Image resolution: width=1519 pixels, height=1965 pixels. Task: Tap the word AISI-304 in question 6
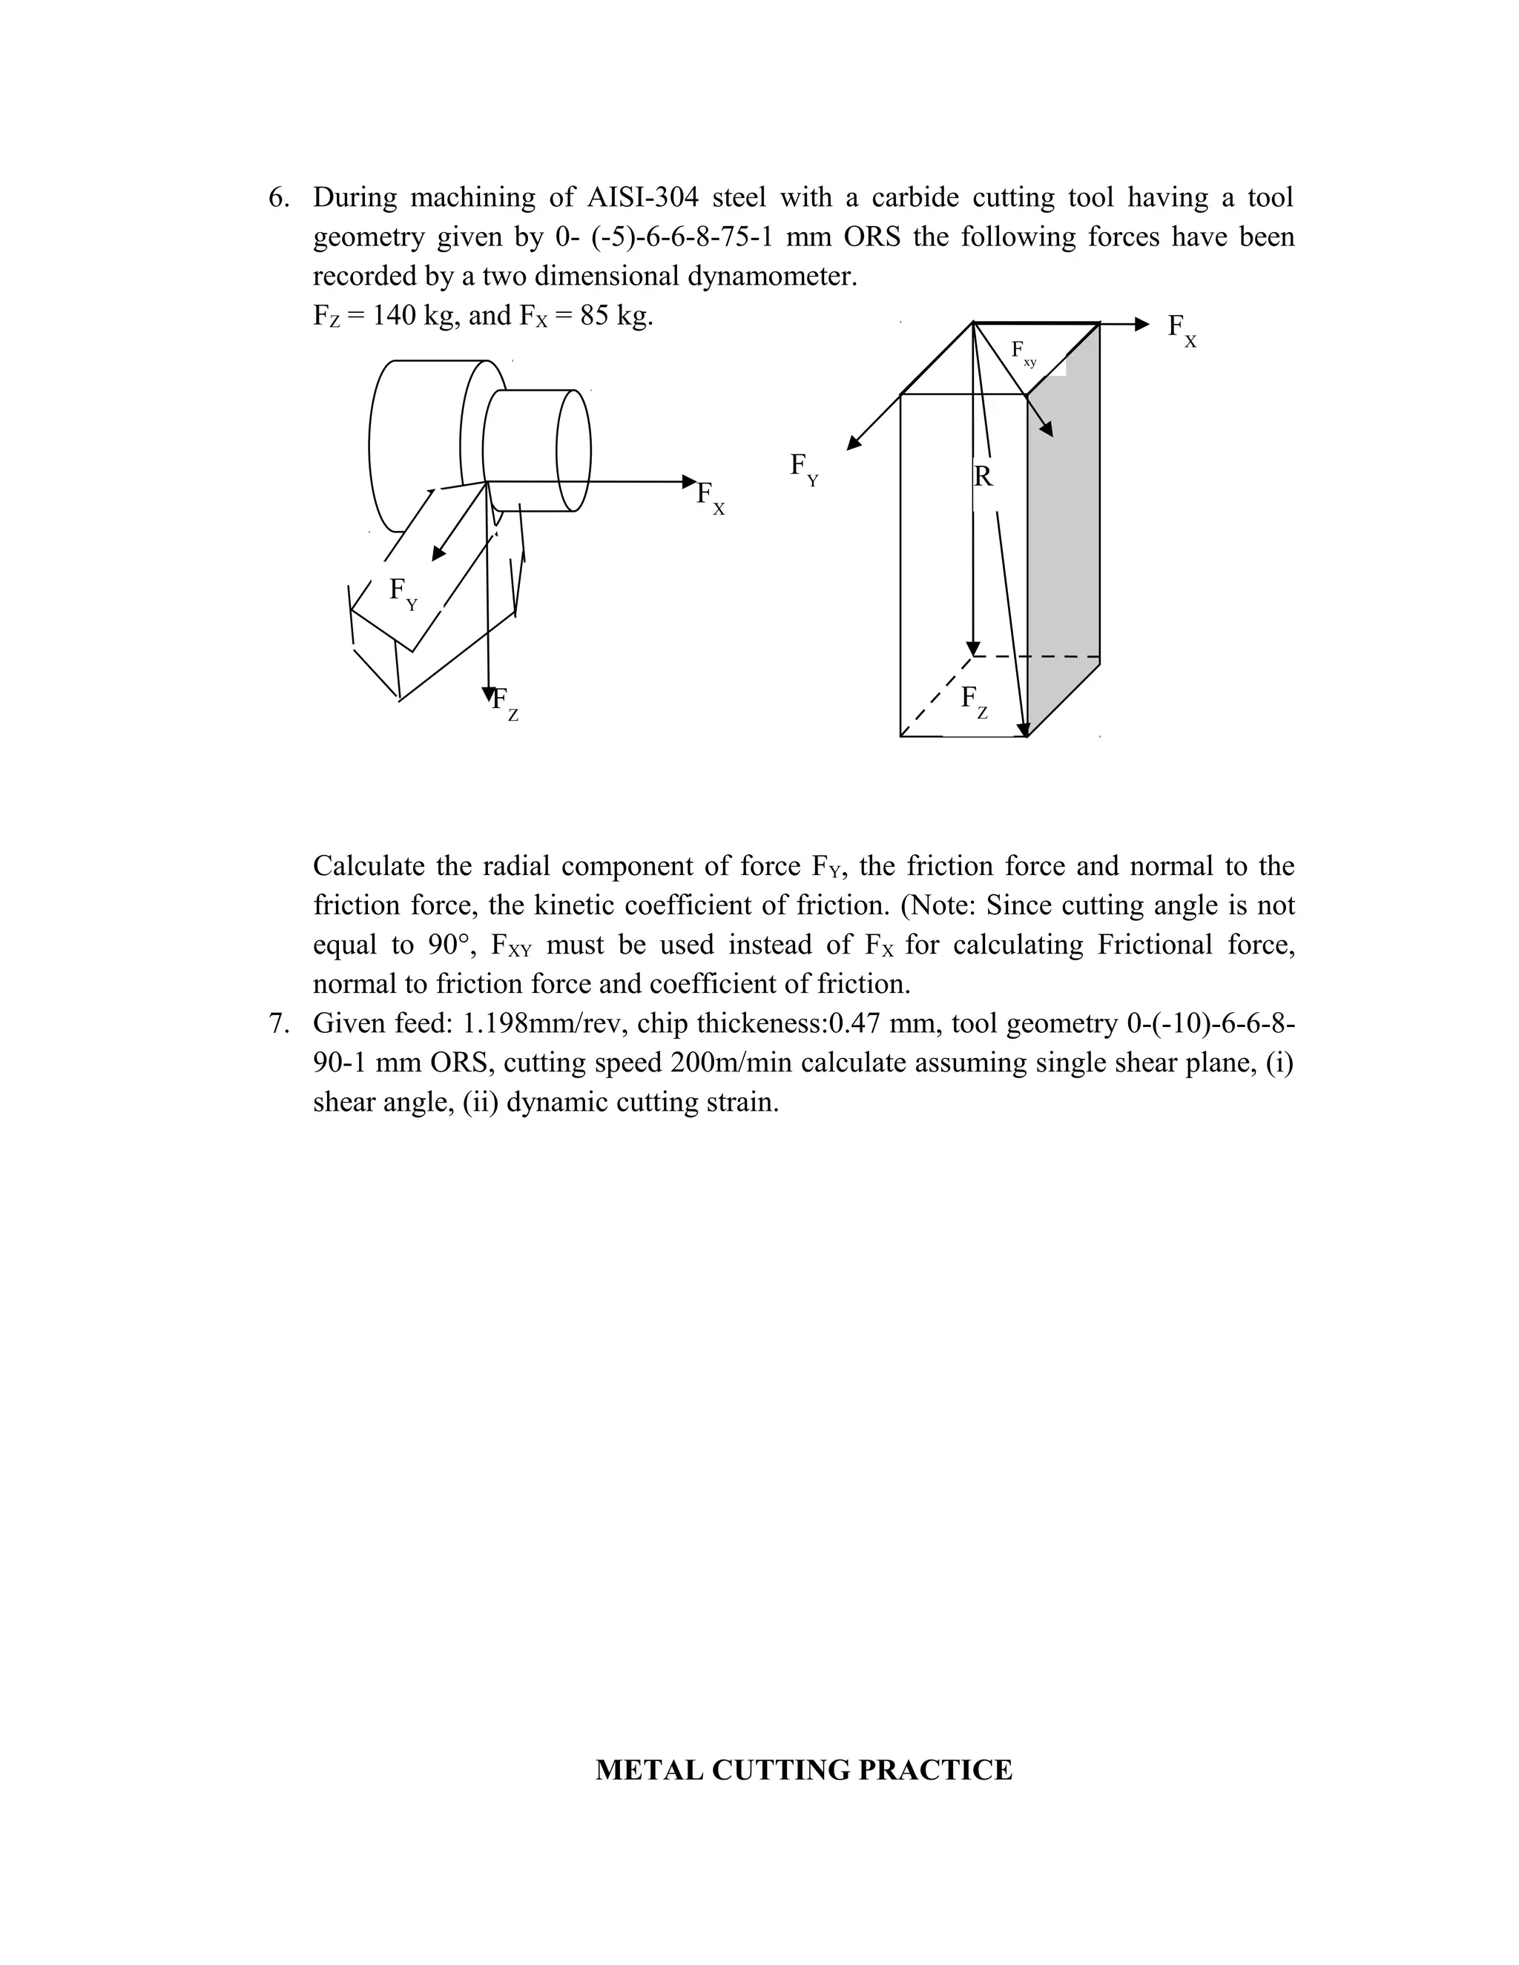coord(642,198)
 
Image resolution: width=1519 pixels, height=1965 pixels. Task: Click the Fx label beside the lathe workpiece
coord(709,498)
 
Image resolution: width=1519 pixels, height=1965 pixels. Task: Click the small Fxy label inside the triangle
coord(1023,353)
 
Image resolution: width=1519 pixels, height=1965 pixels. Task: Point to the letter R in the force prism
coord(983,477)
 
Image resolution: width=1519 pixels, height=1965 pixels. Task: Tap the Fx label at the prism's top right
coord(1181,329)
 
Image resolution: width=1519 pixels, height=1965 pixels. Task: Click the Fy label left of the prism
coord(803,469)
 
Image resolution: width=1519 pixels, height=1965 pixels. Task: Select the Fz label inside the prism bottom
coord(974,701)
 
